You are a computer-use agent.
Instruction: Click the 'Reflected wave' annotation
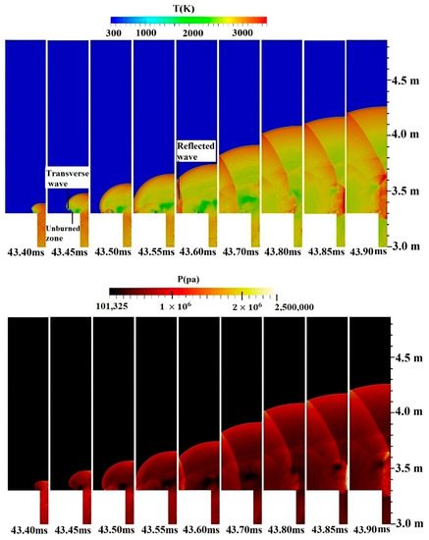pyautogui.click(x=197, y=149)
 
